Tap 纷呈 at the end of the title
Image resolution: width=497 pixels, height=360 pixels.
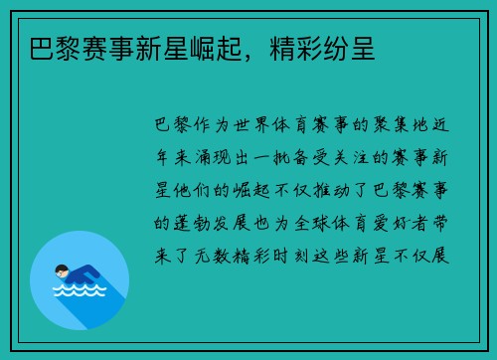pyautogui.click(x=351, y=47)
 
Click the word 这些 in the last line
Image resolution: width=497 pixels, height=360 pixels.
pyautogui.click(x=360, y=253)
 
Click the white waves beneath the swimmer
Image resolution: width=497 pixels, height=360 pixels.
pyautogui.click(x=80, y=291)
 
